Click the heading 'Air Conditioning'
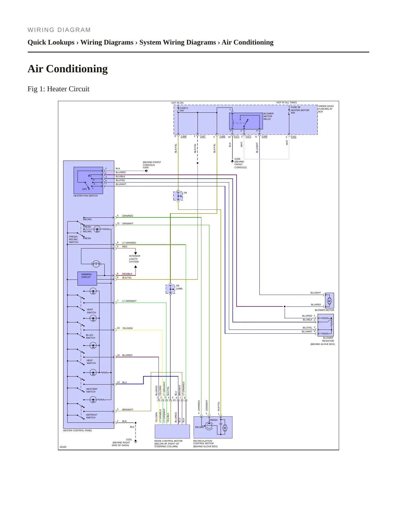pyautogui.click(x=68, y=69)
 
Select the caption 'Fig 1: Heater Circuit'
pyautogui.click(x=59, y=89)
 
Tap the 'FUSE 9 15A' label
pyautogui.click(x=184, y=109)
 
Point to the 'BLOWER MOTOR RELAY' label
pyautogui.click(x=268, y=116)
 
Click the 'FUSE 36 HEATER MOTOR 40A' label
pyautogui.click(x=300, y=110)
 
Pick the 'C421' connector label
pyautogui.click(x=293, y=137)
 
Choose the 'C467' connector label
pyautogui.click(x=202, y=136)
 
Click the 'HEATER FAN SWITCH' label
pyautogui.click(x=85, y=196)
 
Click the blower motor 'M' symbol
pyautogui.click(x=329, y=301)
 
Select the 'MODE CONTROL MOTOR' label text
pyautogui.click(x=168, y=441)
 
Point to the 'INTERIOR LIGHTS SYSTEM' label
pyautogui.click(x=134, y=259)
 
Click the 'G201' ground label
pyautogui.click(x=129, y=440)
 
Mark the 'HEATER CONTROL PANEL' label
pyautogui.click(x=77, y=430)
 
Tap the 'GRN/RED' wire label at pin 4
pyautogui.click(x=127, y=216)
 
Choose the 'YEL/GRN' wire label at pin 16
pyautogui.click(x=127, y=328)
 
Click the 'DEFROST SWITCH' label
pyautogui.click(x=91, y=416)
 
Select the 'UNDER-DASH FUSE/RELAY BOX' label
pyautogui.click(x=326, y=109)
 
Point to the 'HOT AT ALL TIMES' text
pyautogui.click(x=287, y=103)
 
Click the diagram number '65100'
pyautogui.click(x=63, y=447)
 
